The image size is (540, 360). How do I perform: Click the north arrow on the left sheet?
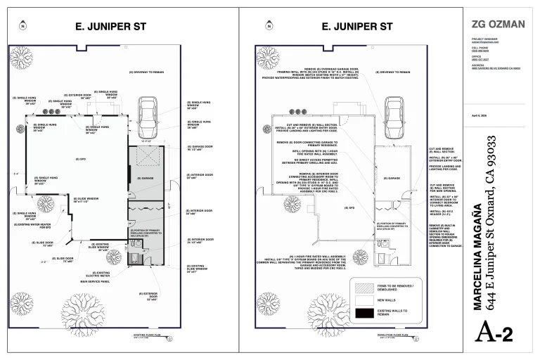pos(22,27)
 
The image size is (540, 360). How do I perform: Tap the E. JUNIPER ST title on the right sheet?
pos(356,27)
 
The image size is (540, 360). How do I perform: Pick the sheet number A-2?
pos(497,333)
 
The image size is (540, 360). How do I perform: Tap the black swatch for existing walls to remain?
pos(364,311)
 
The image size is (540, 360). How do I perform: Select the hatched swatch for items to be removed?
pos(364,286)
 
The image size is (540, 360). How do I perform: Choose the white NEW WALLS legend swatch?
pos(364,299)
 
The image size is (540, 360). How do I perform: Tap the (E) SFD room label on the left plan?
pos(79,159)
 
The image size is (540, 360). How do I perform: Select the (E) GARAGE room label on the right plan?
pos(392,178)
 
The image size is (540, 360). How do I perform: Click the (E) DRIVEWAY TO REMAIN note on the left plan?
pos(146,72)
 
